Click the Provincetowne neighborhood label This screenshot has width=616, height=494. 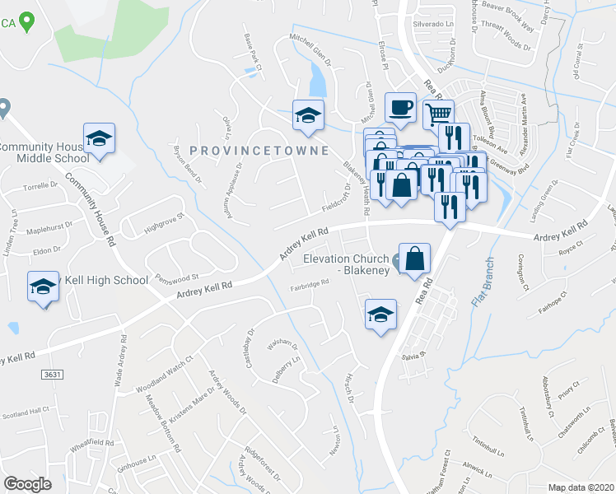tap(259, 151)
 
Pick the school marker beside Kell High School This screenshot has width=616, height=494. tap(43, 287)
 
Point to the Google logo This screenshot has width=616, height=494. tap(27, 484)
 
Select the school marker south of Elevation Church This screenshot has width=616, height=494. tap(380, 315)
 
